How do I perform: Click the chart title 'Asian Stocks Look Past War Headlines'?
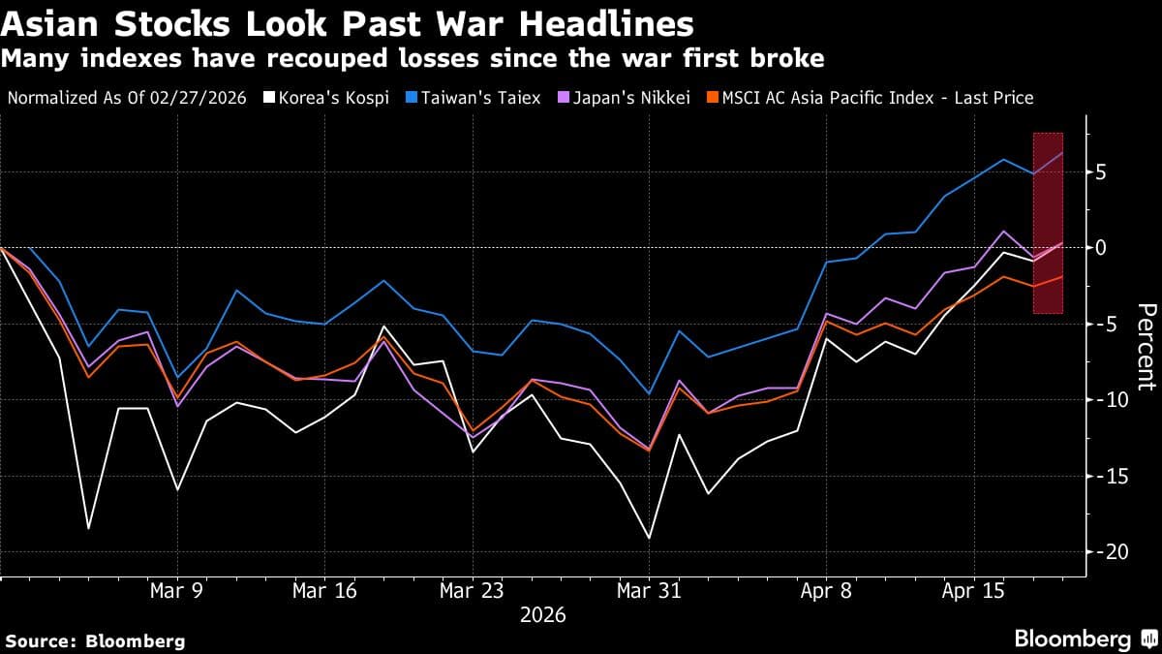348,23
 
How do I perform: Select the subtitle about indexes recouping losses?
413,59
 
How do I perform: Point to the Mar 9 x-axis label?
175,590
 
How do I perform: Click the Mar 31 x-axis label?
648,590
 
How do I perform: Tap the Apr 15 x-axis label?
972,590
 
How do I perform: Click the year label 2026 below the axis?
542,615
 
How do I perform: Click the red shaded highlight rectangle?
1049,223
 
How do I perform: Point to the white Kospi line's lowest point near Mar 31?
648,538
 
